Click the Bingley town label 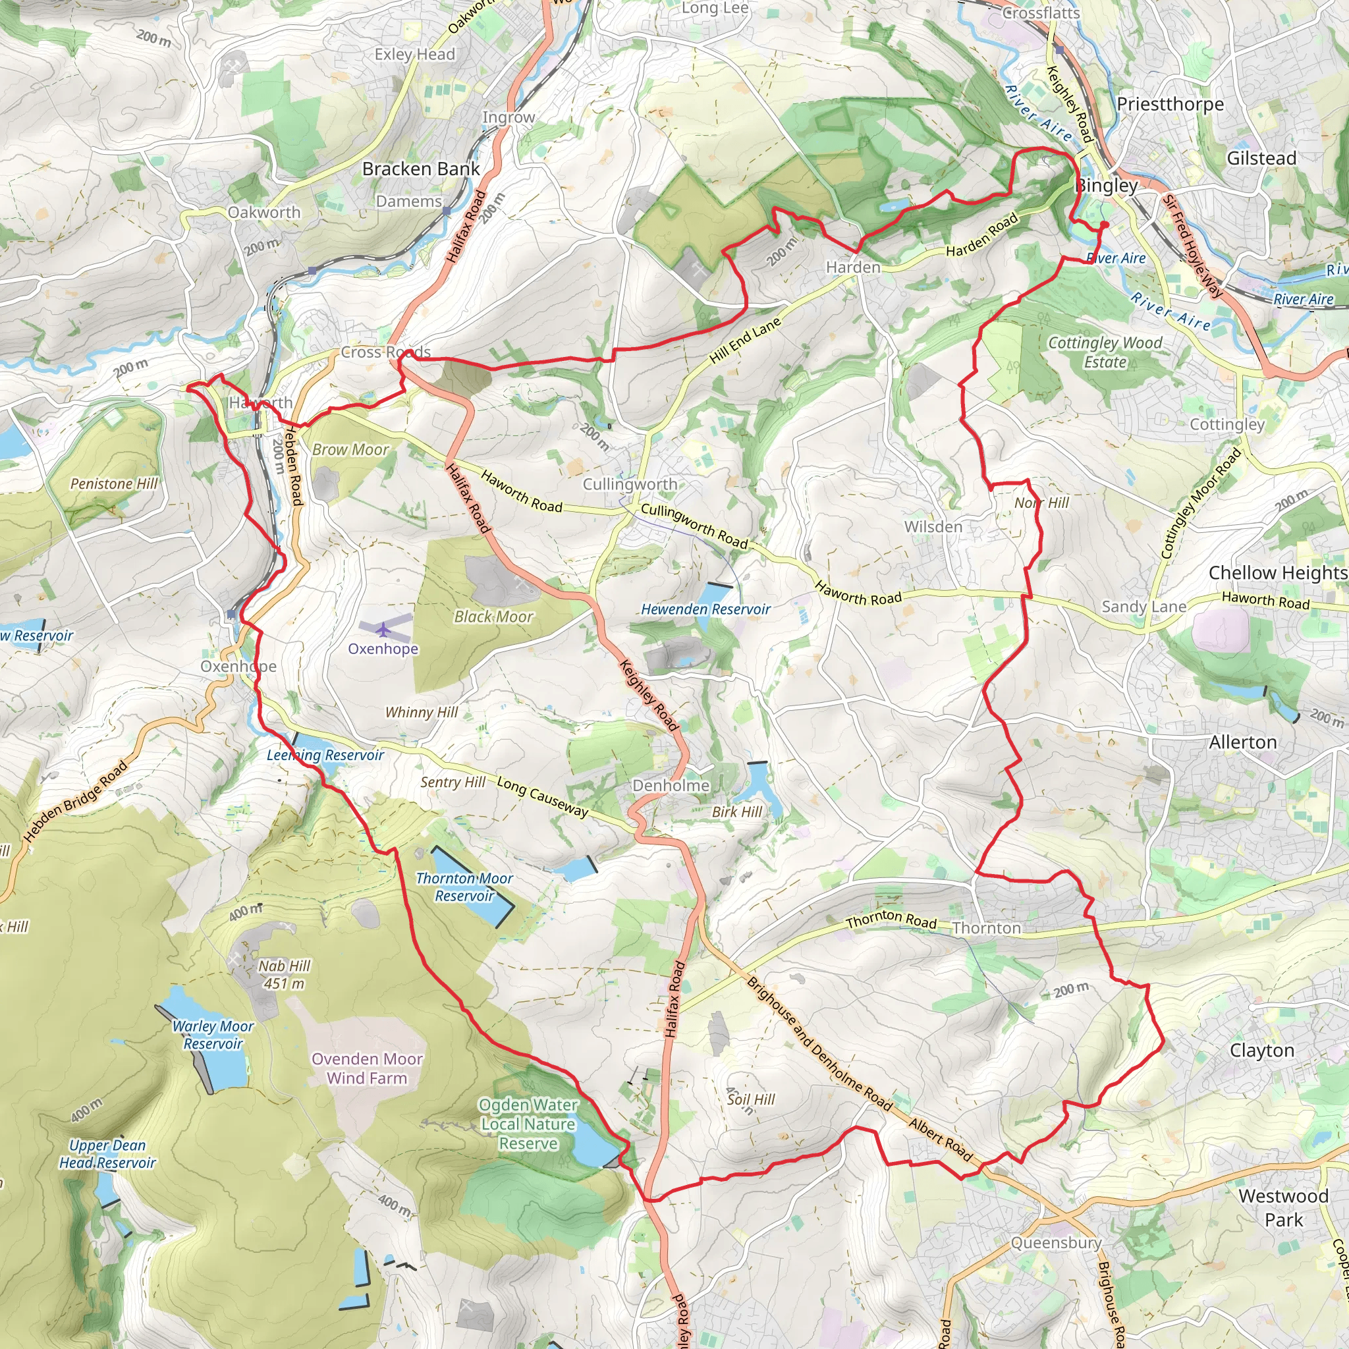1107,186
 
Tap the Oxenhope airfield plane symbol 383,630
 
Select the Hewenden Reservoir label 705,609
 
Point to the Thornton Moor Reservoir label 464,887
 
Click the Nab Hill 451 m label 284,974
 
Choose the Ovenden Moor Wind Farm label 368,1068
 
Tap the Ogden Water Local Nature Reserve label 528,1124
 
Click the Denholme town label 671,786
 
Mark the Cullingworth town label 630,484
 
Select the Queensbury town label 1056,1243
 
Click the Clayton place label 1261,1050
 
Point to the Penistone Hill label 114,484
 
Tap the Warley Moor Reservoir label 213,1035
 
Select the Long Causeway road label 543,797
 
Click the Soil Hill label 751,1099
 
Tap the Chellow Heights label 1278,572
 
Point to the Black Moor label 493,617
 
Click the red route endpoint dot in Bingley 1105,225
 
